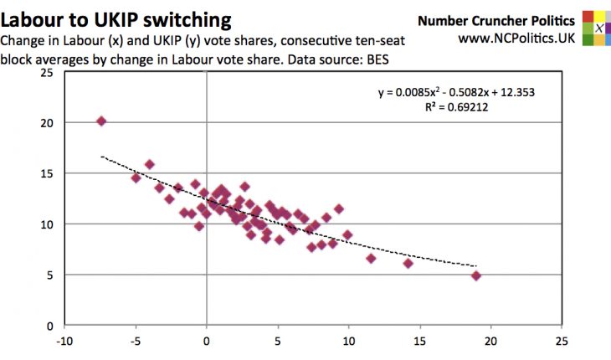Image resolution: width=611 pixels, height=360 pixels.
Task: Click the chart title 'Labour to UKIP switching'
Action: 118,18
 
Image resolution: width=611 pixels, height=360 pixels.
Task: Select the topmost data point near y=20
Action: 101,121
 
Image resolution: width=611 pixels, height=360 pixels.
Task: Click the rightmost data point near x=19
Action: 476,275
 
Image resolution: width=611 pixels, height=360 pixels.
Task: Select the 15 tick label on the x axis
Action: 419,342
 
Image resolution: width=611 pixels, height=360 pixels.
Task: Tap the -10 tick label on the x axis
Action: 64,342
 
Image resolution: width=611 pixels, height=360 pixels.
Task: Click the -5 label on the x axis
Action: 135,342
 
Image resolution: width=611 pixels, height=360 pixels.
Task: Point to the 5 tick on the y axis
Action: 49,275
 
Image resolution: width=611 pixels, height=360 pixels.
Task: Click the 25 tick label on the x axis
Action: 562,342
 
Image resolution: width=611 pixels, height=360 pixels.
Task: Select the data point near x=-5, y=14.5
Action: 136,177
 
